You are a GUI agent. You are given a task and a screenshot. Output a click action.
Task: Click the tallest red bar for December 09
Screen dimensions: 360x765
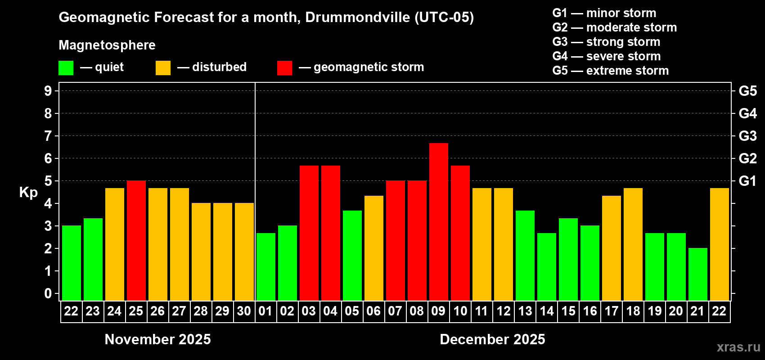point(439,221)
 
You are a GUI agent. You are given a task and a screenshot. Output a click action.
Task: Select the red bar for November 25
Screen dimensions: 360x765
point(136,240)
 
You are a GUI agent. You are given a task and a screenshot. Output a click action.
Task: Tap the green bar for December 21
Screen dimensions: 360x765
point(698,274)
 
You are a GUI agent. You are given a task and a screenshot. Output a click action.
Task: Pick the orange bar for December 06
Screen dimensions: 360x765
point(374,248)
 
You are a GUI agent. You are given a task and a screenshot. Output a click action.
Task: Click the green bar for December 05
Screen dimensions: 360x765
point(352,255)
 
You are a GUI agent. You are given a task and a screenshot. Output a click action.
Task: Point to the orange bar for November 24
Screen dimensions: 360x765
point(115,244)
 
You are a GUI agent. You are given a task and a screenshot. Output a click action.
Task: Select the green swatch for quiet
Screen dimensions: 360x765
point(66,68)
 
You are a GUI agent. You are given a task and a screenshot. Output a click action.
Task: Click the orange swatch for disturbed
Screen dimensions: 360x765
point(163,68)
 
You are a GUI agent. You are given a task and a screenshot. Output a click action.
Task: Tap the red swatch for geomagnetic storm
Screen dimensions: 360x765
point(284,68)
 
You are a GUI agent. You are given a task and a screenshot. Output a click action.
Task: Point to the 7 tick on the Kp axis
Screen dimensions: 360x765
point(48,136)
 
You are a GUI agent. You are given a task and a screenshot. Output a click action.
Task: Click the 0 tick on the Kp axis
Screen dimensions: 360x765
point(48,293)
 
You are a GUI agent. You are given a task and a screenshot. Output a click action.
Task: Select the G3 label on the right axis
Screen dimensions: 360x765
point(747,136)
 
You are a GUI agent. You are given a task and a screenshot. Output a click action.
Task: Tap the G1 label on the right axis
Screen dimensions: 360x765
point(747,181)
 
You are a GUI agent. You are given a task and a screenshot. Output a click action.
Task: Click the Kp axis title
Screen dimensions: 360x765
point(28,192)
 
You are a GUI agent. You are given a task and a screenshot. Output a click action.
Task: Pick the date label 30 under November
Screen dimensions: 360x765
point(244,311)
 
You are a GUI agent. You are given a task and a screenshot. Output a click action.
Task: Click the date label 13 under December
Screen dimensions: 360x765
point(525,311)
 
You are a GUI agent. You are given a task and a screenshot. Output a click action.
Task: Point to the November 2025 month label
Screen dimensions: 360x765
point(157,339)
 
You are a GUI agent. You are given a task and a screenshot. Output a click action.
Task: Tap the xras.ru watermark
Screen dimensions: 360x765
point(738,347)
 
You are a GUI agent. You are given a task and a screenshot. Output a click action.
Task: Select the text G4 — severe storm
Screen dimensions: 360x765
point(606,56)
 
